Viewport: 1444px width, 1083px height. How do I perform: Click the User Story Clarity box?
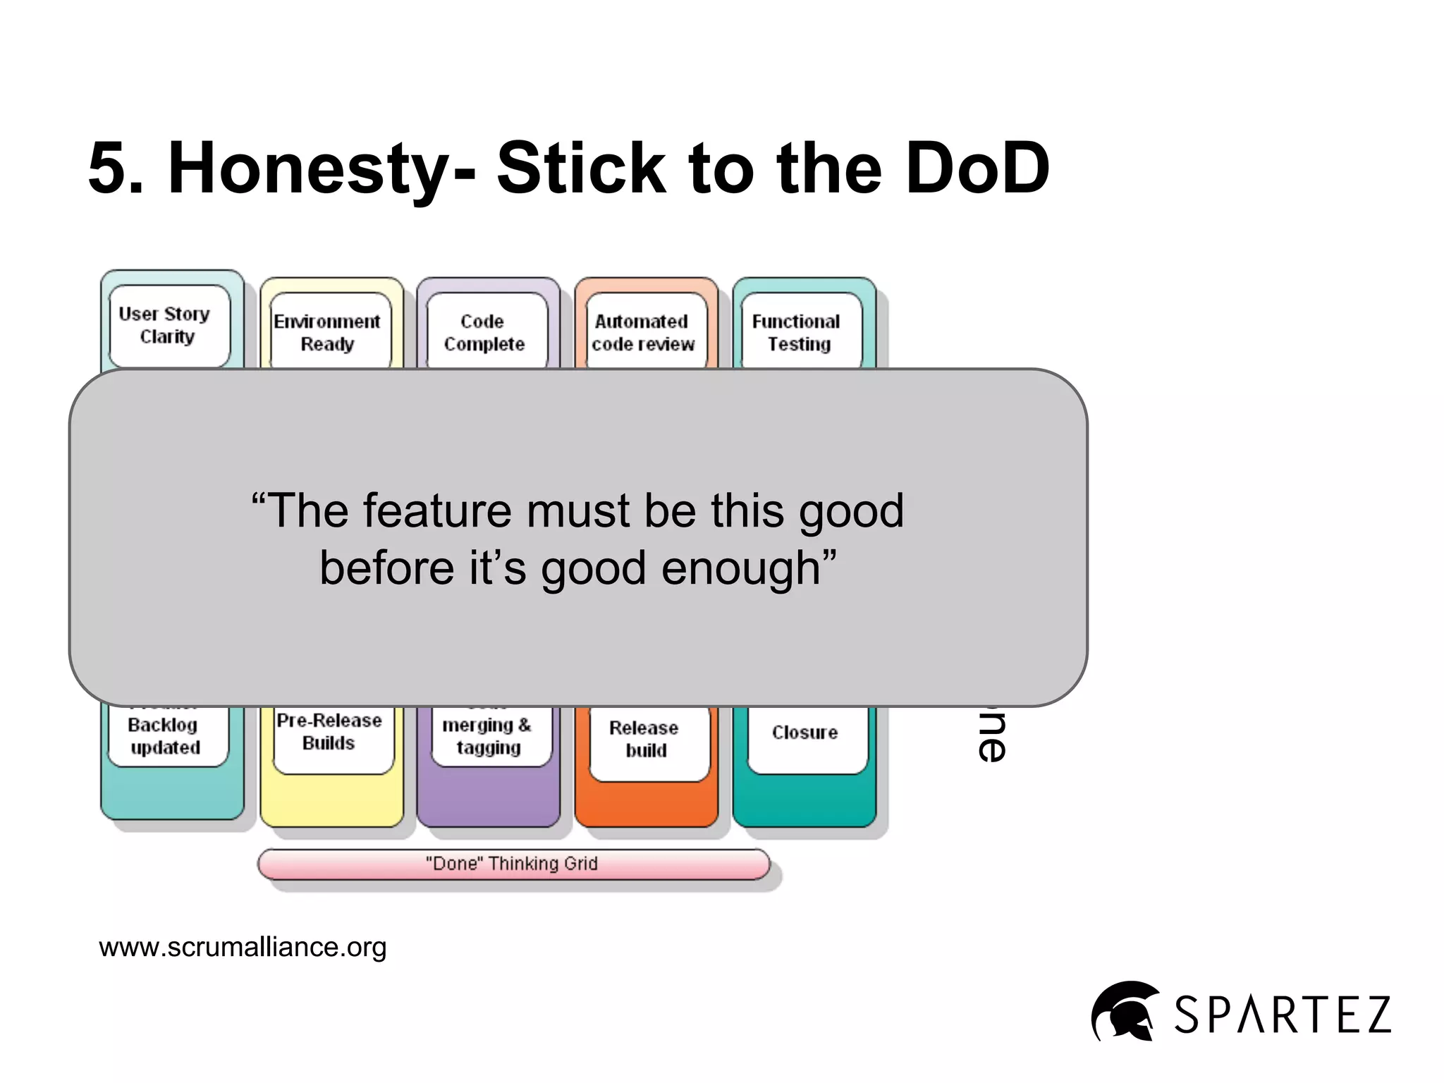point(169,325)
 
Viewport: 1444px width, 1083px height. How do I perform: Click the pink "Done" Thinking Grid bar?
point(513,864)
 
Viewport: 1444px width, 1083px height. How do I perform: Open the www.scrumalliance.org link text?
point(243,947)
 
